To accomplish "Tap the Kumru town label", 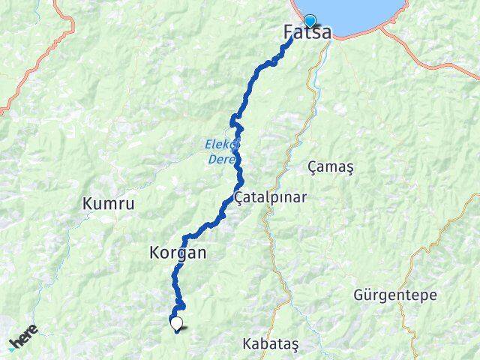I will [109, 203].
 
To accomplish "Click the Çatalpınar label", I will [271, 198].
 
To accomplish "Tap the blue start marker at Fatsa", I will [309, 21].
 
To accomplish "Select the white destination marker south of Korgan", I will [177, 323].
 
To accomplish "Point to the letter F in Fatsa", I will [289, 33].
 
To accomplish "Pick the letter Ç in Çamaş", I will [313, 167].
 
